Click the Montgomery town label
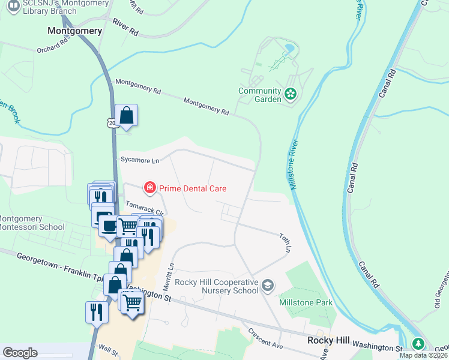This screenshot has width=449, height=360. click(75, 30)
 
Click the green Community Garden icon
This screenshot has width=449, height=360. click(291, 94)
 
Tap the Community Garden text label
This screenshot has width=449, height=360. click(259, 95)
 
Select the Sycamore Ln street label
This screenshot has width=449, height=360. click(140, 160)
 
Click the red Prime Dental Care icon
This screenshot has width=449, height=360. click(149, 188)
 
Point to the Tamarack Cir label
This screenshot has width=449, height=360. click(144, 208)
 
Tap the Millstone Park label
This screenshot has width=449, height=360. click(306, 302)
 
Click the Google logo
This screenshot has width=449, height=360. click(20, 352)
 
